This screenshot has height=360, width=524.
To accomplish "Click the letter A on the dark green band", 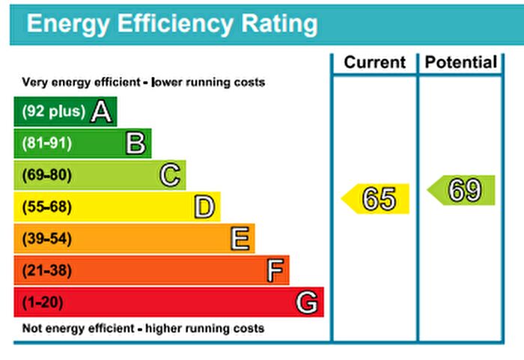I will coord(102,112).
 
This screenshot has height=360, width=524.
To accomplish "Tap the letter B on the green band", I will coord(135,143).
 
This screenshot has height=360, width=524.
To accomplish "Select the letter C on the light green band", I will coord(171,175).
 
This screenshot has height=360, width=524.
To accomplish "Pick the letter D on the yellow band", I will coord(204,207).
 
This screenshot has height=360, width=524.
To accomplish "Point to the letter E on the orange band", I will coord(240,239).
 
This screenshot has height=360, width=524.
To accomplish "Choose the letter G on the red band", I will coord(307,302).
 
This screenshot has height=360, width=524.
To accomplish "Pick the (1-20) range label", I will coord(43,302).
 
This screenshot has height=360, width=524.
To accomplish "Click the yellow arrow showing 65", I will coord(377,199).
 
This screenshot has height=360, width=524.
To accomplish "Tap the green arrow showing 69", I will coord(463,191).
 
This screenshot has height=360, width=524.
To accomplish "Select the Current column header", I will coord(374,63).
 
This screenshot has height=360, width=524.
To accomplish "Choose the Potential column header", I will coord(460,63).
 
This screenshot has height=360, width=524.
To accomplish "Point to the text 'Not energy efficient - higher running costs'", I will coord(143,328).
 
